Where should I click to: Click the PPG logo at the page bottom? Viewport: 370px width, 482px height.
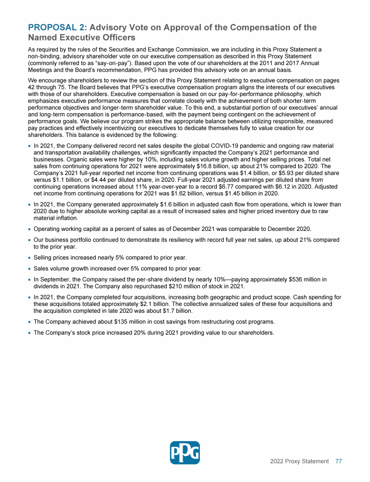tap(185, 453)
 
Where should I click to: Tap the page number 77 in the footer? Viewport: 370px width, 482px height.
tap(338, 461)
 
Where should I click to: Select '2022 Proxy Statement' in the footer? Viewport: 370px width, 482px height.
tap(299, 461)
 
